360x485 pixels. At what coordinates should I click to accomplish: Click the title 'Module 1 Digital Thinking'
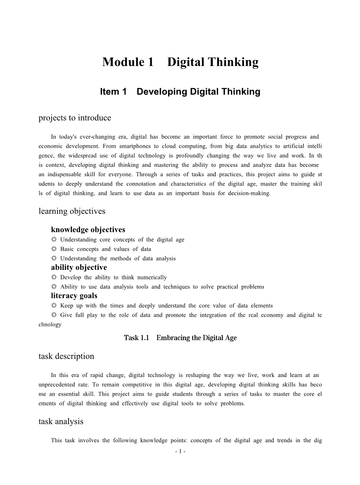(180, 62)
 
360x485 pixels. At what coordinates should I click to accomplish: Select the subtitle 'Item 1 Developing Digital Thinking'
(180, 91)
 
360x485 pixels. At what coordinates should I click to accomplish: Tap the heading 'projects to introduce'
(75, 118)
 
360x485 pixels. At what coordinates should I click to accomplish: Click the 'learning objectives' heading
(72, 211)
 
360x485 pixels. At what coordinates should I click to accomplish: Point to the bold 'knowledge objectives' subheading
(88, 230)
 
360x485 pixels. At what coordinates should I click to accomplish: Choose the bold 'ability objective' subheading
(79, 267)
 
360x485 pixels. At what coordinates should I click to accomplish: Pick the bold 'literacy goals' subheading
(74, 296)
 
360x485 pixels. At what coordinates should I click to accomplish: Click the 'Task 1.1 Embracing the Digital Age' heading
(180, 338)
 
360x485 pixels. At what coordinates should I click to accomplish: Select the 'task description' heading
(66, 356)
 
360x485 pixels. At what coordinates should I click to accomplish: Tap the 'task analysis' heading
(61, 421)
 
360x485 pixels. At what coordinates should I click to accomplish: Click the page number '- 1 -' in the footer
(180, 451)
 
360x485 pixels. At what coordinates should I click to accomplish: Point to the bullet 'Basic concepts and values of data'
(105, 249)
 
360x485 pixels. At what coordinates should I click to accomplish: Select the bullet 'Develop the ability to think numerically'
(113, 277)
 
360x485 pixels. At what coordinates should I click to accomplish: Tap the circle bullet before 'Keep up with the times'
(54, 306)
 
